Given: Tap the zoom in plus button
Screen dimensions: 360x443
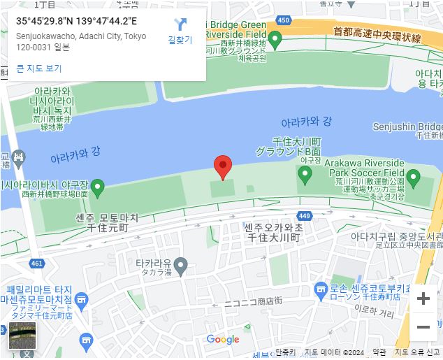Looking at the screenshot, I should pos(423,299).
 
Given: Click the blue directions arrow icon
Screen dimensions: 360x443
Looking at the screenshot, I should pos(180,24).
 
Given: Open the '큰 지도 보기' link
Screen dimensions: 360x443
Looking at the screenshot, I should pos(39,69).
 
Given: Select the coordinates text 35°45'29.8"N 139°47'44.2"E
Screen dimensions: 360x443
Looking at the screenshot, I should pos(76,20).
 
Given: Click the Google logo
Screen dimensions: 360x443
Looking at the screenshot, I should pos(223,340).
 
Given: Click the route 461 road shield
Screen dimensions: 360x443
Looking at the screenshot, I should pos(37,264).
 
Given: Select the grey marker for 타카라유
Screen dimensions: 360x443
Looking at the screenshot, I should pos(180,265).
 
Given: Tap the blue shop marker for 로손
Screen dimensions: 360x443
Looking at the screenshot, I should pos(321,288).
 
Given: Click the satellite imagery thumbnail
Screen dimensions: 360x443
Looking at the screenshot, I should pos(22,336).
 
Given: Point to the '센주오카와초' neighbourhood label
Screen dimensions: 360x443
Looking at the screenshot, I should pos(273,228).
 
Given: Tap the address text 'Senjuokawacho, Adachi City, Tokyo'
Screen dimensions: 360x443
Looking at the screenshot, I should pos(81,36).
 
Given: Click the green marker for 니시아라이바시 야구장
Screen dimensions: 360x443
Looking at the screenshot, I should pos(99,187).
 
